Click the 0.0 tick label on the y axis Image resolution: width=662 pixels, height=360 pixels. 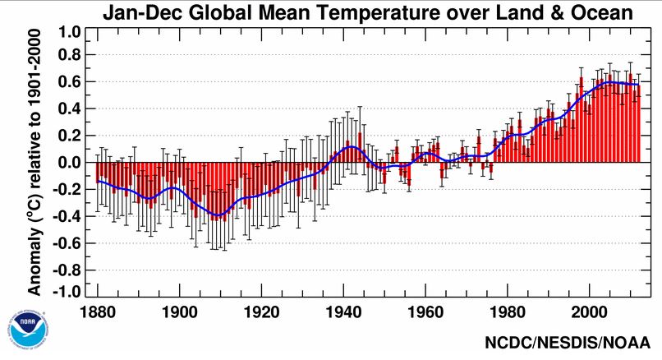tap(70, 163)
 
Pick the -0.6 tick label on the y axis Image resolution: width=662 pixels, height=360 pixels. tap(67, 242)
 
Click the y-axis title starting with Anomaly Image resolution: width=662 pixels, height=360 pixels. tap(35, 164)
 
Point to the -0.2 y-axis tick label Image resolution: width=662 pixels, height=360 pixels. tap(67, 190)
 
